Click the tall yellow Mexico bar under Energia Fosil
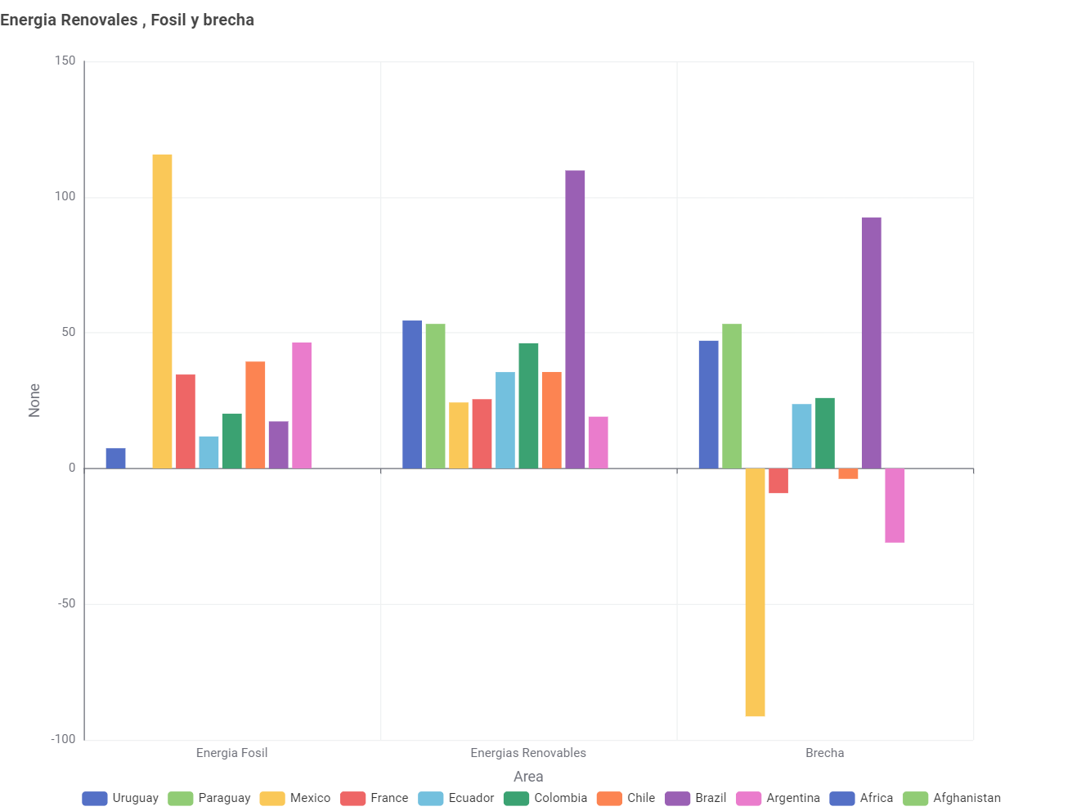pos(162,311)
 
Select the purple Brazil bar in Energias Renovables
pos(575,319)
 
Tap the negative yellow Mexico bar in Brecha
pos(755,592)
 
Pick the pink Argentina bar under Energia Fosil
pos(302,405)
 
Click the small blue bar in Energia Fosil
pos(115,459)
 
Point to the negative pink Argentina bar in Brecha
pos(895,505)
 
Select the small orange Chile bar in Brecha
pos(848,473)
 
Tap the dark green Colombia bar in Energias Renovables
pos(528,405)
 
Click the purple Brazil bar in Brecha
pos(872,343)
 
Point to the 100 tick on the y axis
pos(65,197)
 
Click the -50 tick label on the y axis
pos(65,604)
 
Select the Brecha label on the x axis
pos(824,753)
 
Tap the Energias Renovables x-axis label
pos(528,753)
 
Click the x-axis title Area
pos(528,777)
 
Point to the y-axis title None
pos(34,401)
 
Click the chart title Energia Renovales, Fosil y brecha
pos(128,20)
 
